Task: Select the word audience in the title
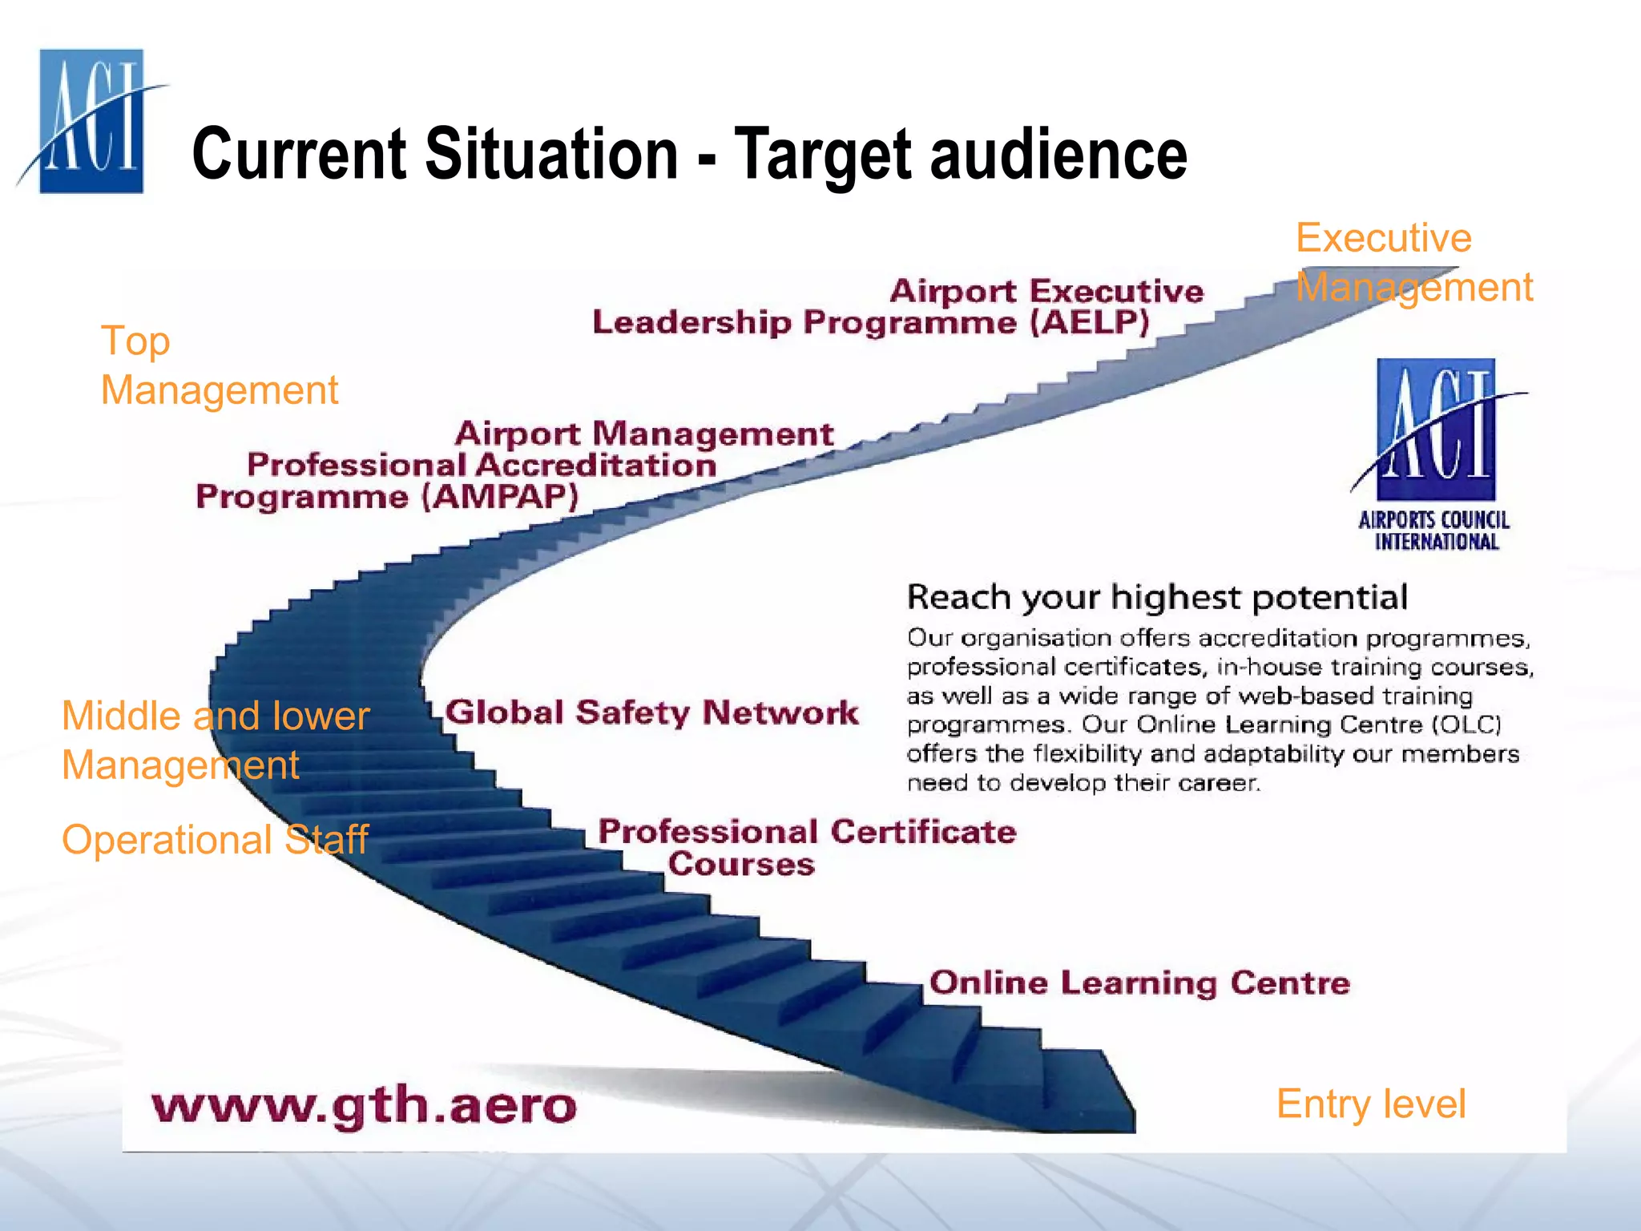click(1058, 154)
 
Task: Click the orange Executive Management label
click(1413, 263)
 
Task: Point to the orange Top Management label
click(219, 365)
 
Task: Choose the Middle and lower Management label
click(216, 740)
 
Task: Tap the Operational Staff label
click(215, 840)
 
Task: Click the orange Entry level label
click(1370, 1104)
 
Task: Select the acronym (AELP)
click(1090, 323)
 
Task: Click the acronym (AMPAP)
click(500, 497)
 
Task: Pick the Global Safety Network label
click(651, 712)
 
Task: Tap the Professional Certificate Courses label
click(807, 847)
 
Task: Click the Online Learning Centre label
click(1139, 983)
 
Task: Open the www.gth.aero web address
click(364, 1106)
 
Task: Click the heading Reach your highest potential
click(1157, 598)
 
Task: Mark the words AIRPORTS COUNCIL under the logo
click(1433, 520)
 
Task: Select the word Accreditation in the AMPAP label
click(596, 466)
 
